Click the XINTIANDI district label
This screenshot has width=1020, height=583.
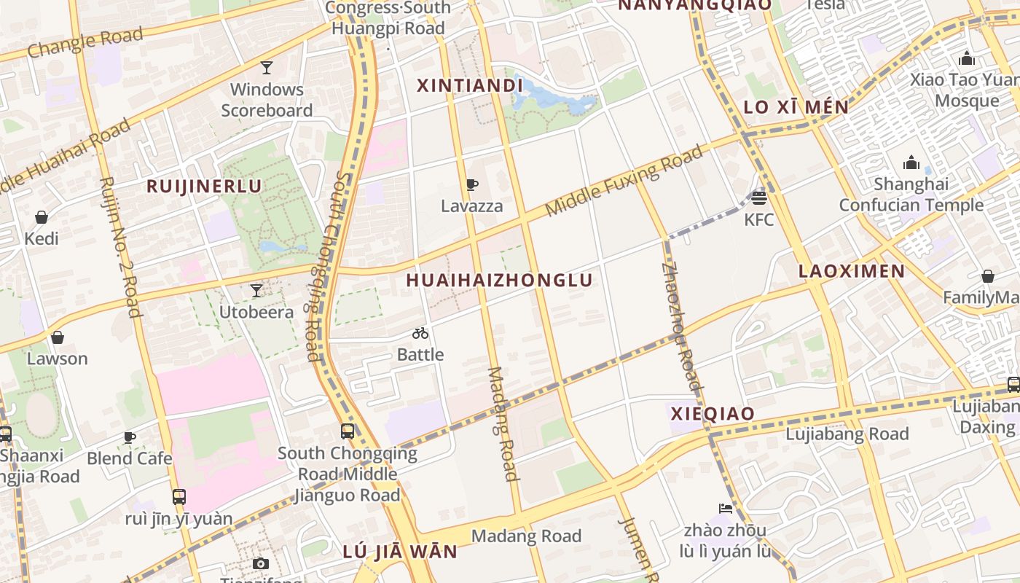tap(470, 85)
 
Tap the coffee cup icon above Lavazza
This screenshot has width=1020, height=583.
tap(471, 185)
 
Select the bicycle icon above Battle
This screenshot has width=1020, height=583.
tap(420, 333)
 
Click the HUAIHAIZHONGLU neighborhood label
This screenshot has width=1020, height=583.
tap(499, 280)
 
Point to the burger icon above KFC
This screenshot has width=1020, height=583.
tap(759, 197)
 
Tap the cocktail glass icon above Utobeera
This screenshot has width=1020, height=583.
tap(256, 291)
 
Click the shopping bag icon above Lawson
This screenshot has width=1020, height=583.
tap(57, 337)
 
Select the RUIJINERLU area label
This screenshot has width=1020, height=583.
tap(204, 186)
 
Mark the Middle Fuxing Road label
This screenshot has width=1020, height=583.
tap(624, 181)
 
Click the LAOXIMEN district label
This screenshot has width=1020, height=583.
tap(852, 271)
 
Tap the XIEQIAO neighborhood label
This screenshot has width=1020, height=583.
tap(713, 414)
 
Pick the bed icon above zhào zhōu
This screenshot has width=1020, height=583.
tap(725, 508)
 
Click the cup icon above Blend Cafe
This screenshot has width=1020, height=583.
tap(129, 437)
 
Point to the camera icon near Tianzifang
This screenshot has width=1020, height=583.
tap(260, 563)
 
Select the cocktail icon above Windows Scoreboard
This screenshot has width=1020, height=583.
tap(267, 68)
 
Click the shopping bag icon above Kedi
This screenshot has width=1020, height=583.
tap(42, 217)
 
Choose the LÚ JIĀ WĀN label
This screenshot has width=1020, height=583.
tap(400, 551)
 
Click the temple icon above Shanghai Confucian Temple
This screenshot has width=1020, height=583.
tap(911, 163)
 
